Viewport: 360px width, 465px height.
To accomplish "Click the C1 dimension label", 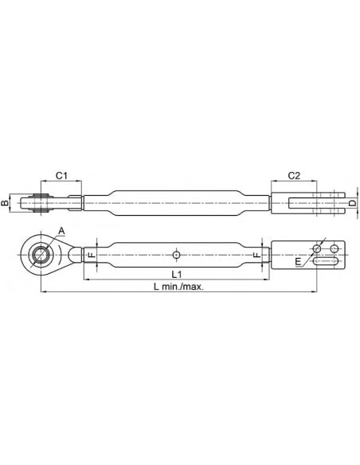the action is click(61, 175).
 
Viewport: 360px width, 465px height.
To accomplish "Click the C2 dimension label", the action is click(294, 175).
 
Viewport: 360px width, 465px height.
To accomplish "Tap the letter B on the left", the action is click(4, 203).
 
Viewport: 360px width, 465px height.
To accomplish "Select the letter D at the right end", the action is click(352, 203).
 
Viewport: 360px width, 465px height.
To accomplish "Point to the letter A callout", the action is click(61, 230).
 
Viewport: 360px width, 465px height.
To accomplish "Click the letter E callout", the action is click(298, 261).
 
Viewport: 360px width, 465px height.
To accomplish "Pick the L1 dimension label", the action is click(177, 275).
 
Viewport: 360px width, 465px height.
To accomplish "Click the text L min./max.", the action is click(179, 287).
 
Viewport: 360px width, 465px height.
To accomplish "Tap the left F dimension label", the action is click(92, 255).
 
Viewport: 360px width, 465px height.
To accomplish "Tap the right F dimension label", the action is click(256, 255).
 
